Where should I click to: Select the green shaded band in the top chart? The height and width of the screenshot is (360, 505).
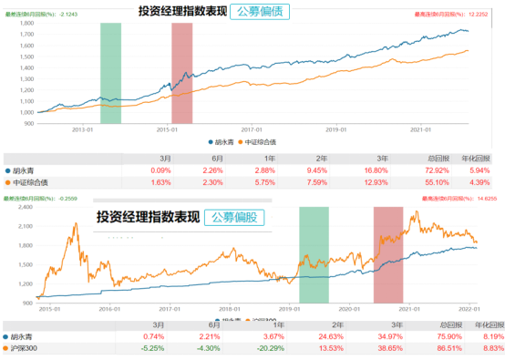[x=110, y=73]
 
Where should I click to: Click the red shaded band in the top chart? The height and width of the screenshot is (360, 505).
[x=181, y=73]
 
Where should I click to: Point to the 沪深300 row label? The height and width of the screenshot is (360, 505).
[x=25, y=348]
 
